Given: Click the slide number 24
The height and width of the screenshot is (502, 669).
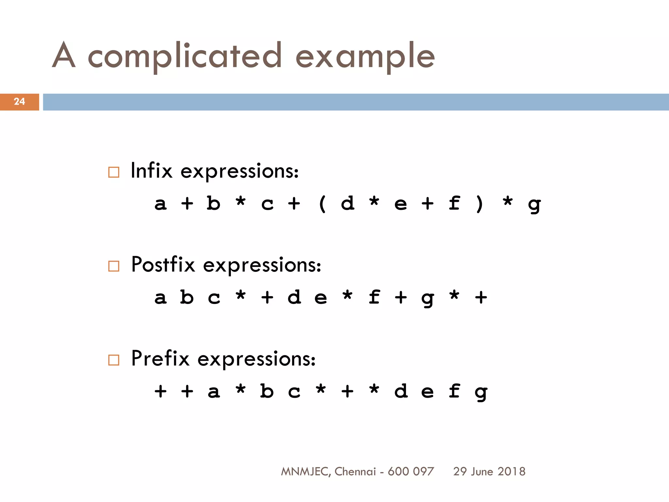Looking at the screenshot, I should pyautogui.click(x=19, y=102).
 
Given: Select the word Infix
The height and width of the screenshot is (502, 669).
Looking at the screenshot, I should pyautogui.click(x=151, y=171).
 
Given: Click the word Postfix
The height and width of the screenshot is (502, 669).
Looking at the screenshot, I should pyautogui.click(x=163, y=264).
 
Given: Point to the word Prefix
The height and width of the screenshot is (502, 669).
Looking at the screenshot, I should pyautogui.click(x=160, y=359).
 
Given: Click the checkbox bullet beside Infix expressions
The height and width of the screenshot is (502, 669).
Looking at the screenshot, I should pyautogui.click(x=114, y=172).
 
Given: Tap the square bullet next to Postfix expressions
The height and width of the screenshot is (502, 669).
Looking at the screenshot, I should pyautogui.click(x=114, y=266).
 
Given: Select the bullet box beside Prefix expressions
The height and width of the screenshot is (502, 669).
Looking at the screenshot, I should pyautogui.click(x=114, y=360).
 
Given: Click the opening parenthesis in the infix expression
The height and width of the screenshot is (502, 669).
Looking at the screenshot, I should pyautogui.click(x=322, y=204).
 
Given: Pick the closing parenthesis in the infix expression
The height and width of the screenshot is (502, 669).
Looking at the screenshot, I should pyautogui.click(x=480, y=204).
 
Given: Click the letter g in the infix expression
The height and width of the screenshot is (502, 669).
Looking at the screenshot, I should pyautogui.click(x=534, y=205).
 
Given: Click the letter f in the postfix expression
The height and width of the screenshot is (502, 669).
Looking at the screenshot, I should pyautogui.click(x=374, y=297).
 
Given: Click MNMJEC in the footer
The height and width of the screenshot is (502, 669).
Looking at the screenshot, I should pyautogui.click(x=304, y=472).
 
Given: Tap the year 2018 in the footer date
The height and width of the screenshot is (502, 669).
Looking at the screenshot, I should pyautogui.click(x=512, y=472).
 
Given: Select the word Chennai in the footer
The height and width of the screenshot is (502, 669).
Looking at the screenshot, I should pyautogui.click(x=355, y=472).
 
